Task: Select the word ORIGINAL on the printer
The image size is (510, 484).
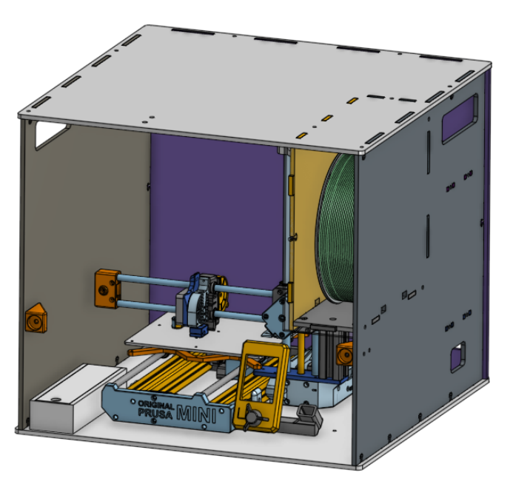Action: pyautogui.click(x=155, y=406)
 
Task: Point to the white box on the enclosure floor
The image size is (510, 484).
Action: pyautogui.click(x=67, y=400)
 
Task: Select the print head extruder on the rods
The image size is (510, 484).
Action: pyautogui.click(x=198, y=303)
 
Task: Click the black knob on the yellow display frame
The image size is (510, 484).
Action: pyautogui.click(x=257, y=419)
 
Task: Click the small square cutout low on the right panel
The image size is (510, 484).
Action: pyautogui.click(x=458, y=357)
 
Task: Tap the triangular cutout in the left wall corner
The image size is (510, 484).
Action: pyautogui.click(x=50, y=133)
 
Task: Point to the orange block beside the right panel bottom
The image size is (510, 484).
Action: pyautogui.click(x=343, y=354)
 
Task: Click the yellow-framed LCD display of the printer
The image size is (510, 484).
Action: pyautogui.click(x=260, y=385)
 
